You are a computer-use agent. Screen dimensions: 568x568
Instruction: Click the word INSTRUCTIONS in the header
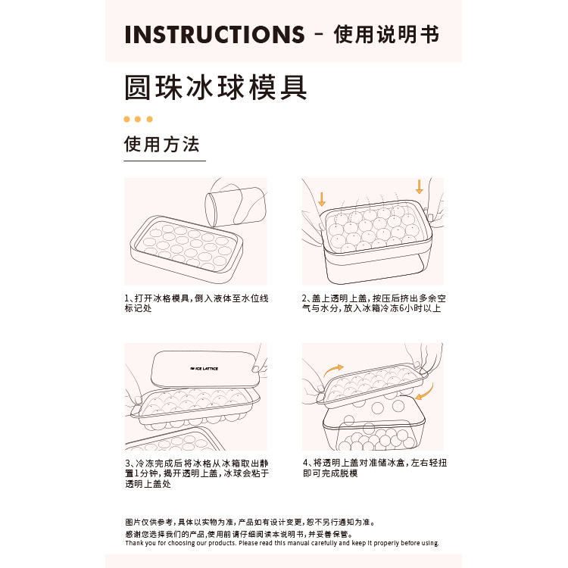point(214,35)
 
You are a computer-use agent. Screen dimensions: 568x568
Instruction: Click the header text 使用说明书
point(386,35)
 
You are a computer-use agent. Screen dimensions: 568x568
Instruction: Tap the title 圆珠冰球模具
point(216,87)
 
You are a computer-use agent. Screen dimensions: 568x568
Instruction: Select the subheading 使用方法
point(162,144)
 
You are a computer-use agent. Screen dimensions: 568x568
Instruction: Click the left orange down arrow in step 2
point(322,199)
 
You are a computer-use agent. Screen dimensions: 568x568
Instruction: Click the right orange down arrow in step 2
point(419,186)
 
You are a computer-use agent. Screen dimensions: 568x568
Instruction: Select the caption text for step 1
point(196,304)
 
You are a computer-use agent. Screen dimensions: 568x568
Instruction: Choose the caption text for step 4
point(374,467)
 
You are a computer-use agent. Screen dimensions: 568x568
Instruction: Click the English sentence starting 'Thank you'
point(282,543)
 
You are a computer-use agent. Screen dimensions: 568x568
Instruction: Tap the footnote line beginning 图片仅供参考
point(250,523)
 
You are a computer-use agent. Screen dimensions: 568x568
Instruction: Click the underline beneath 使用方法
point(164,161)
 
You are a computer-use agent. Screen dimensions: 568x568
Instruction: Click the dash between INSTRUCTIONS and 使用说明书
point(319,36)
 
